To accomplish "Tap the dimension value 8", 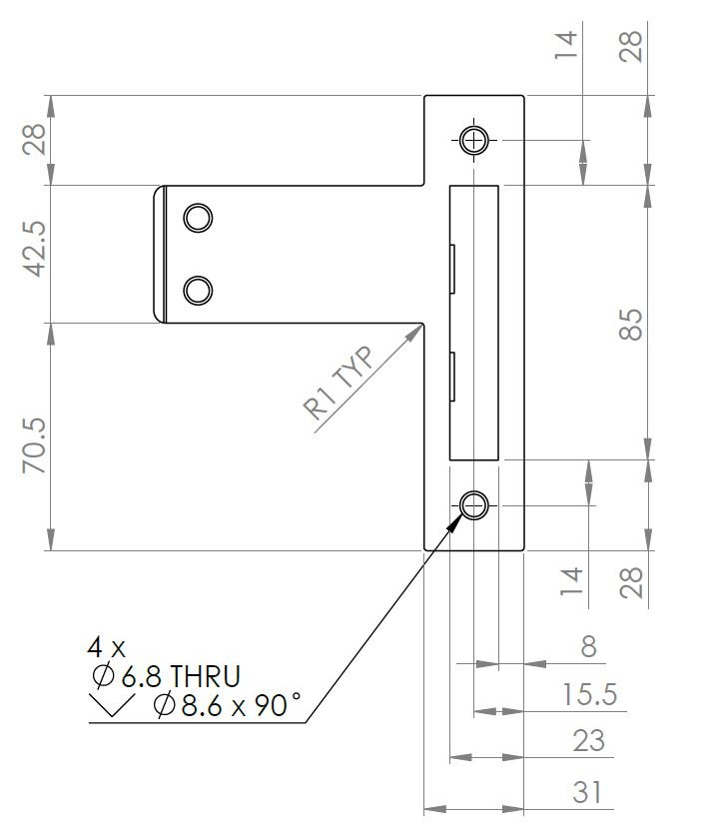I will (588, 646).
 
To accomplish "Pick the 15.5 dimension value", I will (588, 694).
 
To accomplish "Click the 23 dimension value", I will (588, 741).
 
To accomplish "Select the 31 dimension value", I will (588, 793).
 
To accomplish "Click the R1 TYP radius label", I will (337, 384).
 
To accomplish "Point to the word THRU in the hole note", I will (205, 676).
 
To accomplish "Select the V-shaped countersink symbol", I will (112, 708).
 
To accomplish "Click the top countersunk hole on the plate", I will (474, 140).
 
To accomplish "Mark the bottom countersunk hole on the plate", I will (474, 505).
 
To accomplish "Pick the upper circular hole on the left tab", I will (198, 217).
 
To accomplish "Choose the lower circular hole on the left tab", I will (198, 290).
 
